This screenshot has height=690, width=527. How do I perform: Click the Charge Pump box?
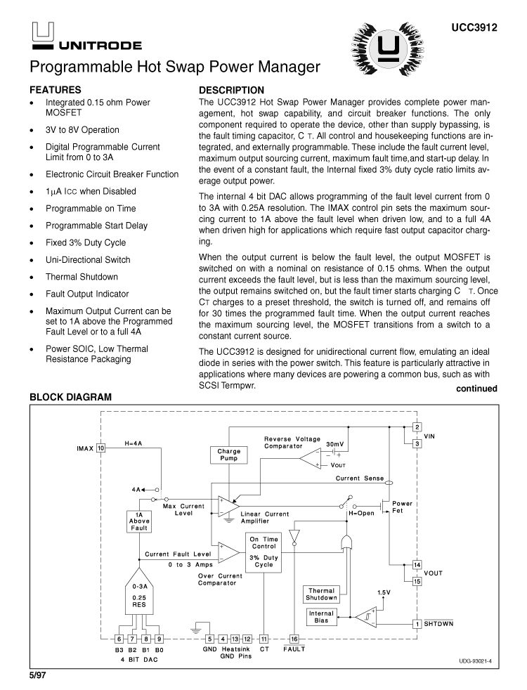point(228,454)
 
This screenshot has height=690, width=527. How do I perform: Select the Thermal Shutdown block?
point(321,594)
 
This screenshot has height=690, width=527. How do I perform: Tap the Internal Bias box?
point(321,617)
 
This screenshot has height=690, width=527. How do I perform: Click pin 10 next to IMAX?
point(101,448)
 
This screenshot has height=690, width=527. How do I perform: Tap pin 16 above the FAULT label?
point(294,639)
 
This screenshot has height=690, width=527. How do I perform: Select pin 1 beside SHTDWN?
point(417,623)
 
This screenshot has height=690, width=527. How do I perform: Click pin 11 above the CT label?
point(263,639)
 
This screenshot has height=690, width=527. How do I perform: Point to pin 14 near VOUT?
point(417,565)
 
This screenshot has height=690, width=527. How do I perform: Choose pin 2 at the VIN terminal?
point(417,427)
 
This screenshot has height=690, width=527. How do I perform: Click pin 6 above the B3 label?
point(119,639)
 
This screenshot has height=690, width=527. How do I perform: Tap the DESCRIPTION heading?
point(232,90)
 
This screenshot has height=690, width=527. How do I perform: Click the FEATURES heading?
point(55,90)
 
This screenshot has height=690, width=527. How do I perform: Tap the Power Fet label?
point(402,508)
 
